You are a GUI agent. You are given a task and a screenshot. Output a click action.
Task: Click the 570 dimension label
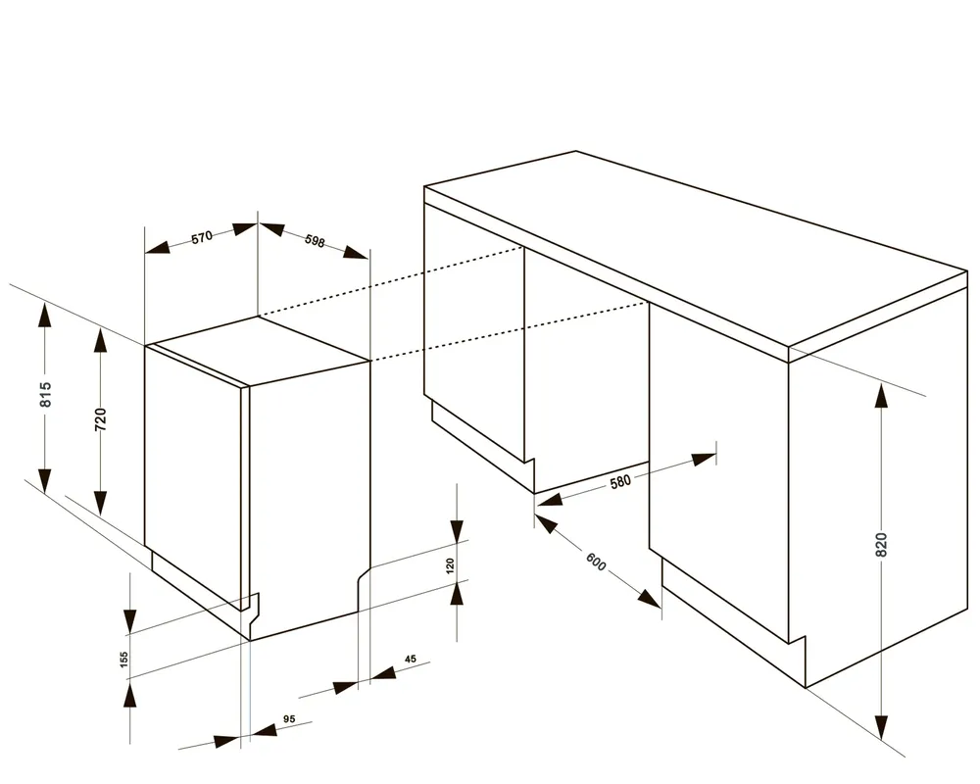[202, 237]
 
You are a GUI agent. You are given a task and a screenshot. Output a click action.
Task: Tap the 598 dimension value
[315, 241]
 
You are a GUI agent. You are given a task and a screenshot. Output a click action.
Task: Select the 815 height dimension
[45, 394]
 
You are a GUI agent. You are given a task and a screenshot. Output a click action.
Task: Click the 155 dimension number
[123, 659]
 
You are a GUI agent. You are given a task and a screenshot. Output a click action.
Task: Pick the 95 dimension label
[289, 719]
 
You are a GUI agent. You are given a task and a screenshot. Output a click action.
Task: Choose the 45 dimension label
[410, 659]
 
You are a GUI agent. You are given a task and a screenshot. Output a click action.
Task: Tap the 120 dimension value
[450, 565]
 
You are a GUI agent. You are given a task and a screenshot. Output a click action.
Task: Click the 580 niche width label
[620, 481]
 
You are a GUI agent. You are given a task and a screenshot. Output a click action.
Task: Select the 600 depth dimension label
[596, 562]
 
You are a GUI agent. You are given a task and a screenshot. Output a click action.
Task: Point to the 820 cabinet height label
[881, 545]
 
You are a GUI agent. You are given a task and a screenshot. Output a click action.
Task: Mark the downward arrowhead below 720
[100, 502]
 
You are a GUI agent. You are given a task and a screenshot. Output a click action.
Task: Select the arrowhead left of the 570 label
[158, 247]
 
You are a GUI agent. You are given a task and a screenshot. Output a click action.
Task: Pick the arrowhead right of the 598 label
[357, 253]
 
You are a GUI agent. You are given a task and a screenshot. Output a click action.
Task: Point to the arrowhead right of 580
[704, 461]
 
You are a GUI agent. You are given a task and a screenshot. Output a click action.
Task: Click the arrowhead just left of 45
[345, 688]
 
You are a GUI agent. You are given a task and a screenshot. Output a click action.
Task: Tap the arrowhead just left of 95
[227, 742]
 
